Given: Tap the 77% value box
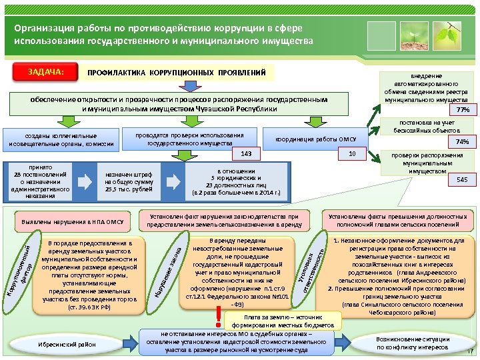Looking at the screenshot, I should (x=463, y=109).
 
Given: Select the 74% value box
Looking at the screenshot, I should (x=462, y=142).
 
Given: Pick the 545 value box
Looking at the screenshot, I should (x=462, y=180).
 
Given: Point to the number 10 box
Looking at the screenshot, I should (x=353, y=155).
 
